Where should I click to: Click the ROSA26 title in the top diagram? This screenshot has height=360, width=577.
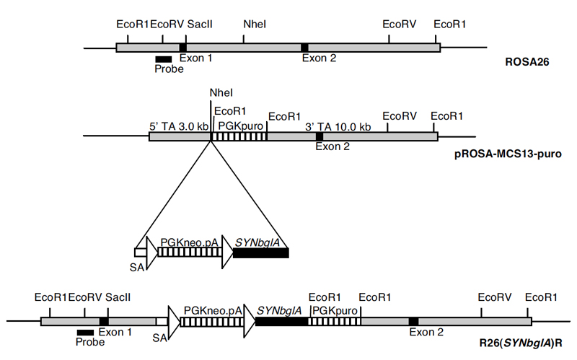click(x=527, y=63)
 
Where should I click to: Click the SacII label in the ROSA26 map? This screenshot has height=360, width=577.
click(x=198, y=24)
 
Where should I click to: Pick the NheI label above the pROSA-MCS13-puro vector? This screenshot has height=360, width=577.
click(x=221, y=93)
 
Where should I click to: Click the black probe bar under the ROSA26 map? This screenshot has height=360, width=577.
click(x=164, y=58)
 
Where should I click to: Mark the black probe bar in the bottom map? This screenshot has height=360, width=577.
click(x=85, y=332)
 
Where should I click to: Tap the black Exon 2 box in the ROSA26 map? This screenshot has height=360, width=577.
click(x=305, y=48)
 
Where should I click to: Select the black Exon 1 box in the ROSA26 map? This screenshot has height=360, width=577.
click(x=183, y=48)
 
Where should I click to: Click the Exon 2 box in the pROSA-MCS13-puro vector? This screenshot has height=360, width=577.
click(x=320, y=136)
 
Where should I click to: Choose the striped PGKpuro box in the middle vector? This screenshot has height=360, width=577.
click(x=241, y=136)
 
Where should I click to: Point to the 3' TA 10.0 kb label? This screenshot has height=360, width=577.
click(x=338, y=126)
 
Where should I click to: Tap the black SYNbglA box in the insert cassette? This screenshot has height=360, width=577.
click(x=260, y=253)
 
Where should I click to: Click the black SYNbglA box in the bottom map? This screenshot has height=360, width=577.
click(x=282, y=321)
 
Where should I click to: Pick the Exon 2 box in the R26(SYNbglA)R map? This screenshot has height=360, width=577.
click(x=413, y=321)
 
